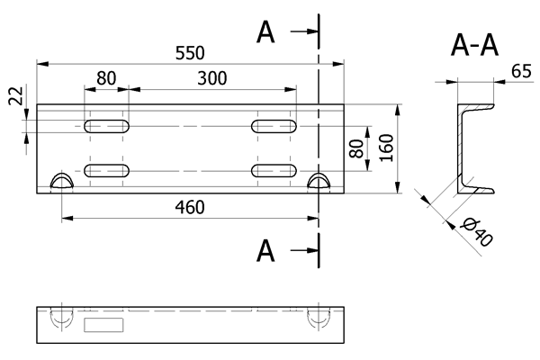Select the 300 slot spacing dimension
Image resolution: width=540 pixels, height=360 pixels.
tap(211, 78)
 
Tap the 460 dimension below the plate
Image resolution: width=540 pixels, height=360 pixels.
tap(190, 207)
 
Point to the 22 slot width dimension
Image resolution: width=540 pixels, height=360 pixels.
tap(15, 97)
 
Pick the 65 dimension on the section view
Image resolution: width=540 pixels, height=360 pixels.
tap(519, 71)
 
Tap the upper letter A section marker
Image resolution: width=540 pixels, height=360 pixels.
tap(265, 32)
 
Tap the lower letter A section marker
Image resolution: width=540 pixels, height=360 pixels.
tap(265, 250)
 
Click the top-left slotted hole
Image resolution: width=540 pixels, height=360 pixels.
tap(106, 126)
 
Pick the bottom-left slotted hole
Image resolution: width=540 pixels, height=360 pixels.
tap(106, 169)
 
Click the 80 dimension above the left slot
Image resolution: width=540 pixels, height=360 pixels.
tap(106, 78)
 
